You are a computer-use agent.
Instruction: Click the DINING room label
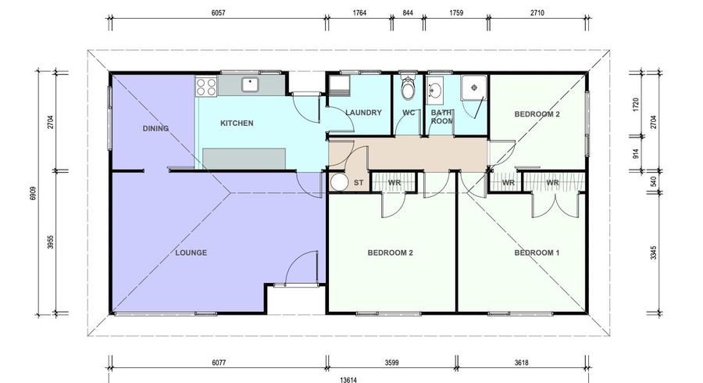coord(155,128)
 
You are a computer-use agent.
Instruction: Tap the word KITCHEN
coord(237,123)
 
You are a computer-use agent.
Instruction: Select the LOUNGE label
coord(191,252)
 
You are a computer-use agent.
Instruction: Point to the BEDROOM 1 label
coord(537,252)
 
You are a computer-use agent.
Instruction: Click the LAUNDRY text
coord(363,113)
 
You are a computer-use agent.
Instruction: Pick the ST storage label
coord(359,183)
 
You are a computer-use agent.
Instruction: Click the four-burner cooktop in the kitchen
coord(206,87)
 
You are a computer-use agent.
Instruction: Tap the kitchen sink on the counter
coord(250,84)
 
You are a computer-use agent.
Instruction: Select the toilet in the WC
coord(408,88)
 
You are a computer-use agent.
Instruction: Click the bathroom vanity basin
coord(434,89)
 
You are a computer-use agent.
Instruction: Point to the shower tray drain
coord(474,88)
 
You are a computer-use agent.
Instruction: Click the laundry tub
coord(340,86)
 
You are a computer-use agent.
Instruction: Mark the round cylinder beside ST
coord(340,183)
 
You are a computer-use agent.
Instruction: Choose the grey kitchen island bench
coord(244,159)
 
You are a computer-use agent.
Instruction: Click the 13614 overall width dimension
coord(348,380)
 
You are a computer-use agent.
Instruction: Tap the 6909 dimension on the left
coord(33,193)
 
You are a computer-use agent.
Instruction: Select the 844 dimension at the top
coord(408,13)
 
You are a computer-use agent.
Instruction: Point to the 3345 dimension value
coord(654,252)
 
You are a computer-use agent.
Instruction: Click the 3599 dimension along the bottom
coord(392,363)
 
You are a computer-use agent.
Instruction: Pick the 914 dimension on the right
coord(635,154)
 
